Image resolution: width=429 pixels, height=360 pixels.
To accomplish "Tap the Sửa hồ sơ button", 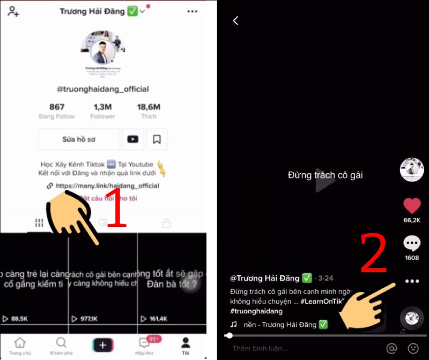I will coord(79,139).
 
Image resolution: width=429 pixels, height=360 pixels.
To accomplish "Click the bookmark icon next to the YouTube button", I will coord(157,139).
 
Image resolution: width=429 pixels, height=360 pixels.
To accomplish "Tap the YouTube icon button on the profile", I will coord(132,139).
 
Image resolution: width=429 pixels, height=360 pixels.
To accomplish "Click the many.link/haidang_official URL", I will coord(107,186).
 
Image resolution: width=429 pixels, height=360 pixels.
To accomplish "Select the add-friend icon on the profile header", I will coord(14,11).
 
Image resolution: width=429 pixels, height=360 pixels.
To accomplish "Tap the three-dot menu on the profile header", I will coord(192,11).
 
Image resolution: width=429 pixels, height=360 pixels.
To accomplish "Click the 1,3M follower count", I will coord(102,107).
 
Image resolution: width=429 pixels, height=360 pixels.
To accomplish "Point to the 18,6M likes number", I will coord(149,107).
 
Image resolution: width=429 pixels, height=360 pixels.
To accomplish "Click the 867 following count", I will coord(57,107).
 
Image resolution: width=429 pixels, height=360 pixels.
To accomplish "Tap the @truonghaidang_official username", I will coord(103,89).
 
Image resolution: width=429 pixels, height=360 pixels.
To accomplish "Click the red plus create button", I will coord(102,344).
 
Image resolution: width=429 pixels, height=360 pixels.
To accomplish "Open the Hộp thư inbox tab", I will coord(144,344).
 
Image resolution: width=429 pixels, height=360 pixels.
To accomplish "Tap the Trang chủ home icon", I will coord(20,344).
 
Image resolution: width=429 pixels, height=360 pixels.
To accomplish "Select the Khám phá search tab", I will coord(61,344).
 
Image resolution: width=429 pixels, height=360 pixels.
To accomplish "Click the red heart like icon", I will coord(412,207).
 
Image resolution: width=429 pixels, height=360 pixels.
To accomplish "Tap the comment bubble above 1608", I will coord(412,245).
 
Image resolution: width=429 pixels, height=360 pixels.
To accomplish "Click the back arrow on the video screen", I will coord(235,20).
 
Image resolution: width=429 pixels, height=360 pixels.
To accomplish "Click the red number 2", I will coord(373,252).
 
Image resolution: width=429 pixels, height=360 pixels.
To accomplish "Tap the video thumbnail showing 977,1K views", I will coord(103,279).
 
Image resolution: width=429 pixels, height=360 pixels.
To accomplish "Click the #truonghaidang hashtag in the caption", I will coord(256,311).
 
